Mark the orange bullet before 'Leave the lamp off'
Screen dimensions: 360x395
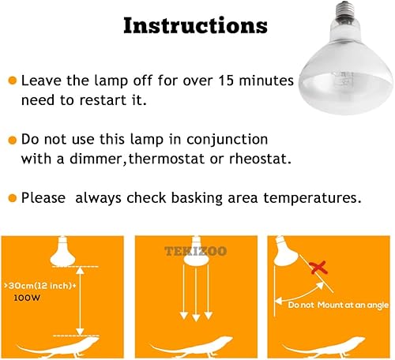point(12,81)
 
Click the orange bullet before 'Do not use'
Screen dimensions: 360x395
point(12,140)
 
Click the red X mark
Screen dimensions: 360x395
point(318,269)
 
